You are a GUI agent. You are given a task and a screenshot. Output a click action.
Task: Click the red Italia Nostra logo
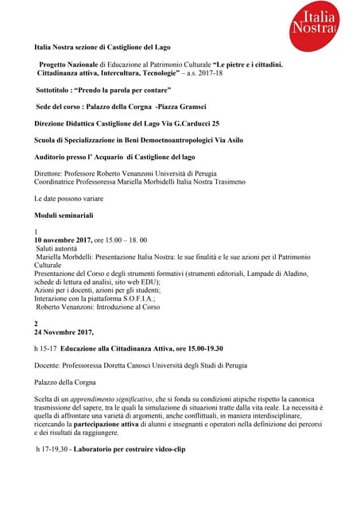[319, 25]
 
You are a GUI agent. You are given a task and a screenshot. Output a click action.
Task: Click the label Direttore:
[50, 173]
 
